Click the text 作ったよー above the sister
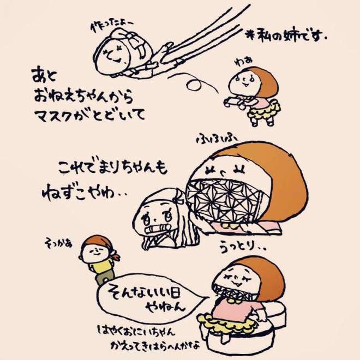click(x=112, y=27)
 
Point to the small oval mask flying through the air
click(x=194, y=85)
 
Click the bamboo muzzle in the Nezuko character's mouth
click(x=157, y=229)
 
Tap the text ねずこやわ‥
click(x=84, y=194)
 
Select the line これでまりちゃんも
click(x=112, y=167)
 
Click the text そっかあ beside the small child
click(x=58, y=242)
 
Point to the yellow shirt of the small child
click(x=101, y=266)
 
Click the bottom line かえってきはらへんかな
click(x=155, y=345)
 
